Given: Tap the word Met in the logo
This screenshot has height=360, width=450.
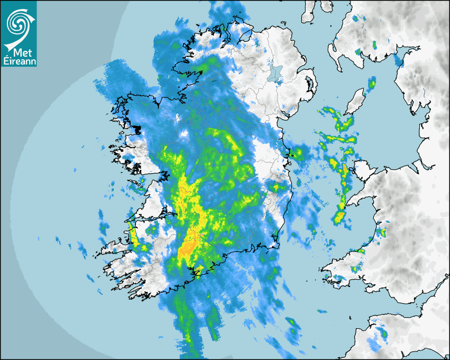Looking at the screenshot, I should tap(21, 53).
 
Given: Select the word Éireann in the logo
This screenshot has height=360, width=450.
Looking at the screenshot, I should tap(19, 61).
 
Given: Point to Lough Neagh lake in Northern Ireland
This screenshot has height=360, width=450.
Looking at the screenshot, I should tap(275, 73).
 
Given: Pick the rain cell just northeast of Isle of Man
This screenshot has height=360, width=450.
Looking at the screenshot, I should tap(372, 83).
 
